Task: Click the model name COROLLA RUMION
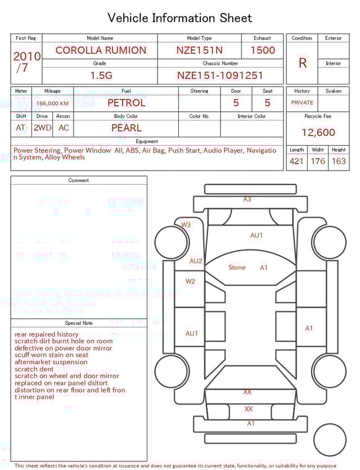tap(101, 50)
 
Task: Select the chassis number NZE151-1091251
tap(220, 75)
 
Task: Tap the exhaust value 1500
tap(262, 50)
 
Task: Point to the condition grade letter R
tap(303, 63)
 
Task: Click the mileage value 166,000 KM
tap(52, 104)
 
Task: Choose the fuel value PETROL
tap(126, 103)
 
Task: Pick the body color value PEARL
tap(127, 128)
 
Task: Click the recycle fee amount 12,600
tap(318, 133)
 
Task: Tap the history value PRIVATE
tap(302, 102)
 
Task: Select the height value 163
tap(339, 162)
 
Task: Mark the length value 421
tap(296, 162)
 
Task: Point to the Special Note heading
tap(79, 323)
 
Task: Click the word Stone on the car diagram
tap(237, 267)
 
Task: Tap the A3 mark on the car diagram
tap(247, 199)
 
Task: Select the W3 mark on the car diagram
tap(186, 225)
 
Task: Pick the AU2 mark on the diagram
tap(196, 261)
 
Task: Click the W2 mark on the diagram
tap(190, 281)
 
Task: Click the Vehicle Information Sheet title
tap(180, 18)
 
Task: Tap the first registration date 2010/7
tap(26, 62)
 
